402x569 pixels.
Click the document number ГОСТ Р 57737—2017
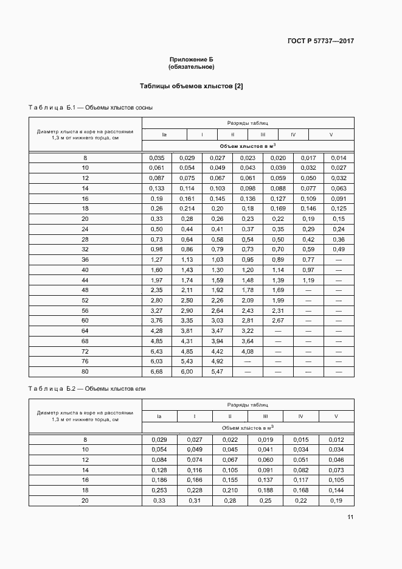tap(321, 41)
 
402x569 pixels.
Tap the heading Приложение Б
tap(192, 59)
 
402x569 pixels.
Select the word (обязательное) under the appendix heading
tap(192, 66)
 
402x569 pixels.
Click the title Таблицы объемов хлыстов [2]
tap(192, 86)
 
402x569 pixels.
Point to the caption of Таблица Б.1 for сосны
tap(91, 108)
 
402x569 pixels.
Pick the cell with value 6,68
tap(156, 371)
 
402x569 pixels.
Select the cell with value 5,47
tap(217, 371)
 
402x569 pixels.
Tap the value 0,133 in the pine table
tap(156, 189)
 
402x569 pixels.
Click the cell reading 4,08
tap(248, 351)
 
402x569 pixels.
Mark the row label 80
tap(85, 371)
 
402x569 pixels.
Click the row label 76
tap(85, 361)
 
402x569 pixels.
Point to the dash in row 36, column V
tap(339, 259)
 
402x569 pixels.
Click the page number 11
tap(350, 517)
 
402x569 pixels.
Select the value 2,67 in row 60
tap(278, 320)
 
